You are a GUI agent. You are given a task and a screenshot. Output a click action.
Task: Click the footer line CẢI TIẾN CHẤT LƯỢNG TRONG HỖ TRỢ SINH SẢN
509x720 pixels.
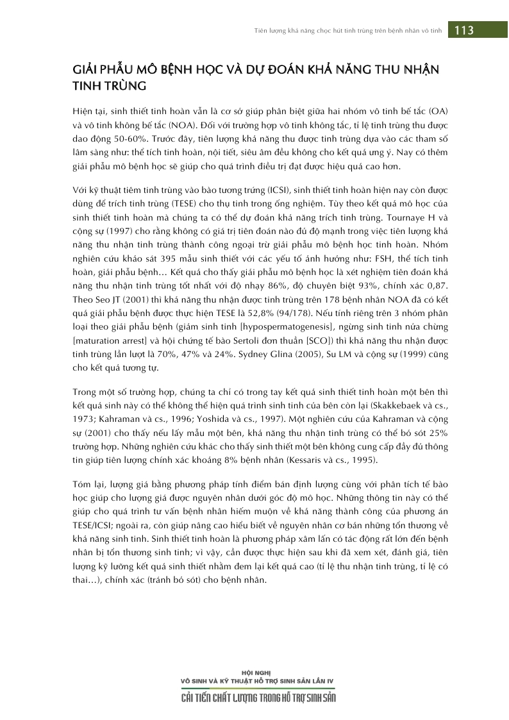(x=258, y=698)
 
